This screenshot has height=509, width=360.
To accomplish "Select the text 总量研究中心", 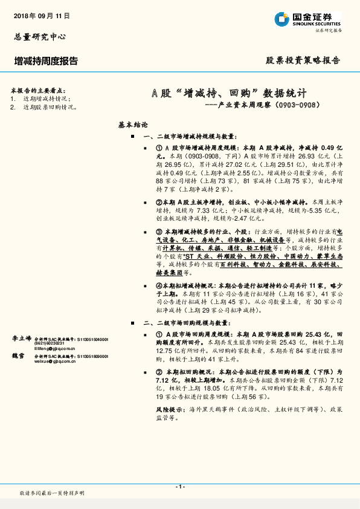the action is point(39,37).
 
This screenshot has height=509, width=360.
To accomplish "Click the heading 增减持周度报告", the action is point(46,61).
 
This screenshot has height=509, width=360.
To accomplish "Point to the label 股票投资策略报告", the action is point(303,61).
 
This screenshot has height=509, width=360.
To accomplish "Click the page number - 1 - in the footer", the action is point(179,487).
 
